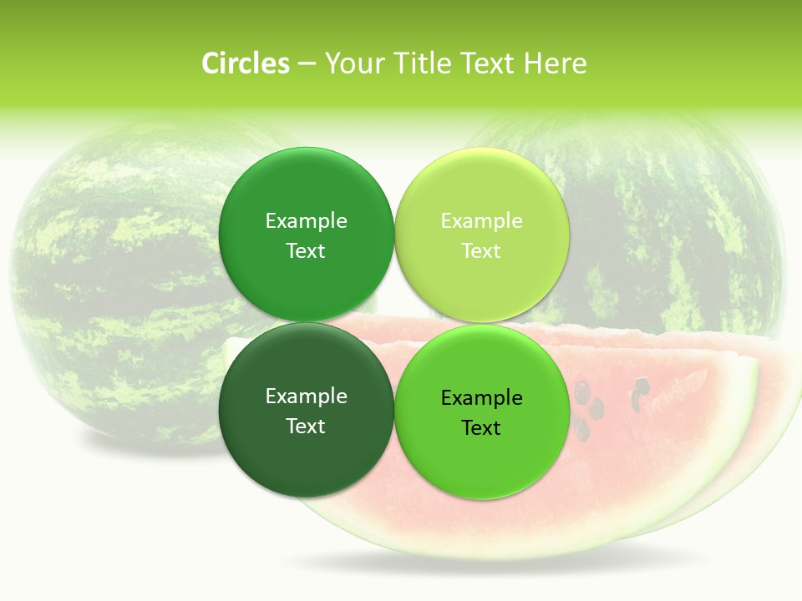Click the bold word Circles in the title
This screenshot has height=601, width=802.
[246, 63]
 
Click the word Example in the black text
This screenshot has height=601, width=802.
[482, 398]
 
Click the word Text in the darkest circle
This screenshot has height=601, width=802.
[306, 427]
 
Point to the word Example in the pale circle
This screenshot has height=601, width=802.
[482, 221]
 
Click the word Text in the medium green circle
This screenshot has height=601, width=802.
[306, 251]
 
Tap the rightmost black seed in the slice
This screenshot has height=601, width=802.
[642, 386]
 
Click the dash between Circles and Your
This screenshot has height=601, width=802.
[307, 64]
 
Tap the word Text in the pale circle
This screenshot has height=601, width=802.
[482, 251]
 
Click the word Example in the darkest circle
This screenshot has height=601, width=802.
[306, 396]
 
